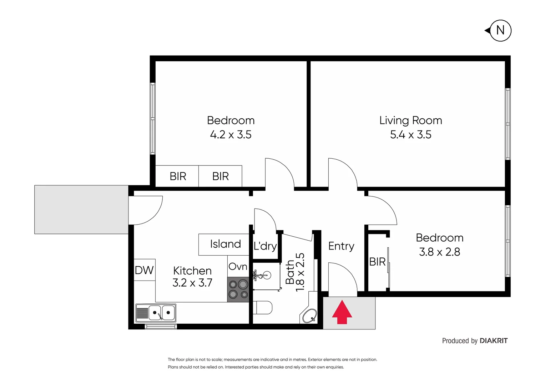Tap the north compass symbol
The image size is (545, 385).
500,31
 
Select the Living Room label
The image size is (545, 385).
410,120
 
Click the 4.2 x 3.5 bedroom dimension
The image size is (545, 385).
231,135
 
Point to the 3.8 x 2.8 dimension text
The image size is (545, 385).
439,252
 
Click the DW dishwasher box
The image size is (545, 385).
145,270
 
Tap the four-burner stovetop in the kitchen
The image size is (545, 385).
238,289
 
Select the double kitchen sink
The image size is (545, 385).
161,313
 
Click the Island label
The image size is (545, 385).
225,244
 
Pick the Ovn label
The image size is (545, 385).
238,267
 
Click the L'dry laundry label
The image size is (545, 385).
265,246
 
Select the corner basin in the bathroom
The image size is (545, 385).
309,315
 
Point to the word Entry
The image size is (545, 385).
341,246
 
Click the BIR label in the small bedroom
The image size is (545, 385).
377,262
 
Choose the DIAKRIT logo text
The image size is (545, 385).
493,341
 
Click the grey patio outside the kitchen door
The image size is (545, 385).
81,210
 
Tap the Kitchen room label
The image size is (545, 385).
192,271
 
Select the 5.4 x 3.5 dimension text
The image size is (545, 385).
410,135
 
